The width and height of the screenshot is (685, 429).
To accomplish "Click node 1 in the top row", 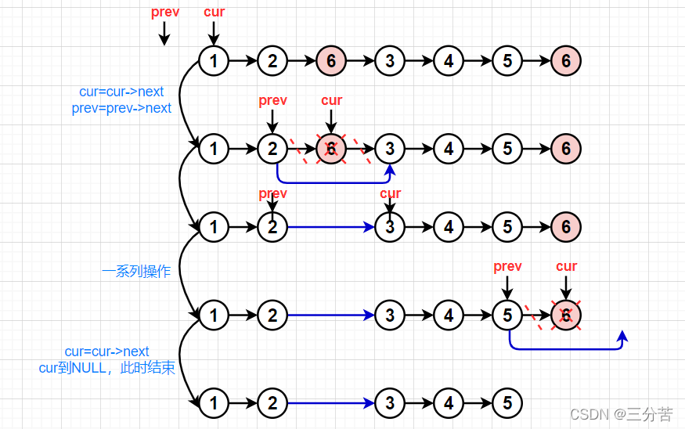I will [213, 60].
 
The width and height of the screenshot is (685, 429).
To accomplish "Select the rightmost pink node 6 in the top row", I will [566, 60].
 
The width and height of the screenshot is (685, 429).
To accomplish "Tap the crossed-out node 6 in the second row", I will [331, 148].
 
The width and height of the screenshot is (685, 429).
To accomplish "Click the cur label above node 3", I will [390, 193].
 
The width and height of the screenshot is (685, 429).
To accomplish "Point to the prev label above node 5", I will [507, 267].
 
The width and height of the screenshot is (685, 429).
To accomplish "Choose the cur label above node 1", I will [214, 12].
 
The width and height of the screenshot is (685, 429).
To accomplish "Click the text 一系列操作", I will [136, 272].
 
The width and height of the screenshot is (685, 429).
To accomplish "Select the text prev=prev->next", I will [121, 108].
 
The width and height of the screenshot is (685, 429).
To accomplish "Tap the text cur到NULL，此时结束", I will [107, 368].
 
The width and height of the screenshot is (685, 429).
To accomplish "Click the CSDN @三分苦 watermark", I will [621, 413].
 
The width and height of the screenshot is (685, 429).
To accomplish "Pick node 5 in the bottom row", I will [507, 403].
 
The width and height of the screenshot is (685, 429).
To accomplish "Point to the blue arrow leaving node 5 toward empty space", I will [568, 348].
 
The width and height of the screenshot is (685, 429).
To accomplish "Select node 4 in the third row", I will [449, 228].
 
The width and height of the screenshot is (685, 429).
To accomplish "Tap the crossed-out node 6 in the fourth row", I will [566, 315].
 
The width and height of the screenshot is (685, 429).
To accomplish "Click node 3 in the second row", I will [390, 148].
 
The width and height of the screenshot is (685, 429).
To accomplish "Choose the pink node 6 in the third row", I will [566, 228].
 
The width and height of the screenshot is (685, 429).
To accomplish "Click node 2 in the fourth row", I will [272, 315].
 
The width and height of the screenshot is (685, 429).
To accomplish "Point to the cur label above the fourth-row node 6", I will [566, 267].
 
